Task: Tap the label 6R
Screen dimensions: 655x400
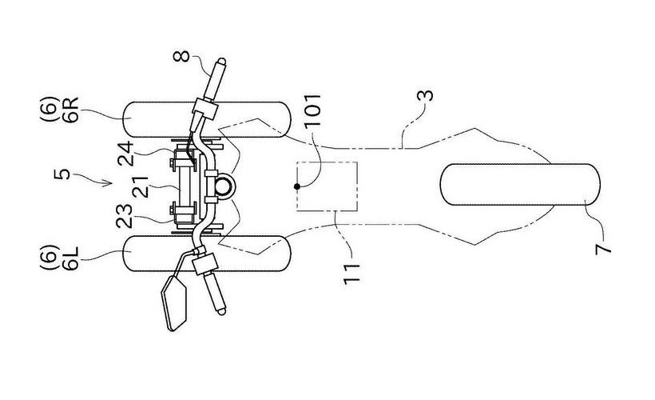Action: pyautogui.click(x=71, y=110)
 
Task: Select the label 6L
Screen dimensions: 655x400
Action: pyautogui.click(x=71, y=258)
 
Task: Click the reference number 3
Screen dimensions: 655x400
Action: pyautogui.click(x=425, y=96)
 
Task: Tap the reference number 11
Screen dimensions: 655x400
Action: pyautogui.click(x=351, y=274)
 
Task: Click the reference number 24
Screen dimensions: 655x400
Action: pyautogui.click(x=125, y=154)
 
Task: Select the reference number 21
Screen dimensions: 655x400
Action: pyautogui.click(x=141, y=186)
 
